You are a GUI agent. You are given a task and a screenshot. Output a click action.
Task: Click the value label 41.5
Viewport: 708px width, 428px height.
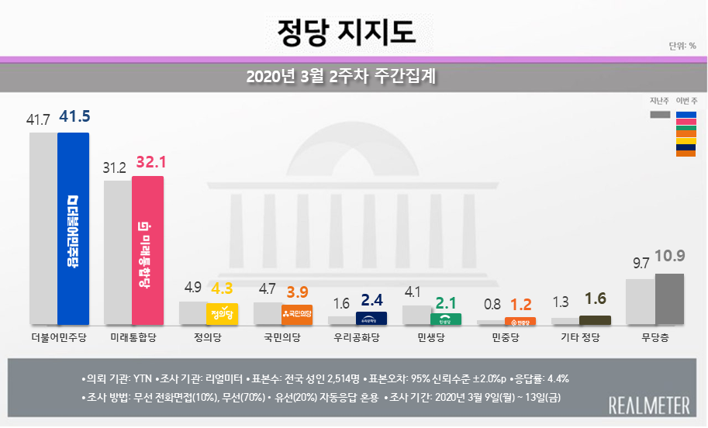tap(75, 117)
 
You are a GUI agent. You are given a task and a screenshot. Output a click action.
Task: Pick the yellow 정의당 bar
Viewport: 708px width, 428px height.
tap(223, 313)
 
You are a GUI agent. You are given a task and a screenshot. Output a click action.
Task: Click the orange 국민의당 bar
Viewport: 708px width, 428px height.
tap(297, 314)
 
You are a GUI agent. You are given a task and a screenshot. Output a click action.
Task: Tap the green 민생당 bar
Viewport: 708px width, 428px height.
tap(446, 319)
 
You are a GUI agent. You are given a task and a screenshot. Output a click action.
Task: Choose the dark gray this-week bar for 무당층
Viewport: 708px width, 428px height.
tap(669, 299)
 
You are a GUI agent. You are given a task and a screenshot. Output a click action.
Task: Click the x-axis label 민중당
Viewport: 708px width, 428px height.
tap(506, 337)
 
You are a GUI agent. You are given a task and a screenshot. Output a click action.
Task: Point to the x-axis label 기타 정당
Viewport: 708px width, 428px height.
tap(580, 337)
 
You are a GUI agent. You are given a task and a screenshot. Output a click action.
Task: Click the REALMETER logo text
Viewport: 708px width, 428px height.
tap(649, 406)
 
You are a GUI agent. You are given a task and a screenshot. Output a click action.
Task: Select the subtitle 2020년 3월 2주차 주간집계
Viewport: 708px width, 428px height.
tap(346, 77)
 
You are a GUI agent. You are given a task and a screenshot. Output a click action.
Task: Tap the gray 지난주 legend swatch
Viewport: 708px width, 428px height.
tap(660, 115)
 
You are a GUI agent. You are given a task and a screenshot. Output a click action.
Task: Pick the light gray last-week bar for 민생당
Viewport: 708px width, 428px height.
tap(417, 315)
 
